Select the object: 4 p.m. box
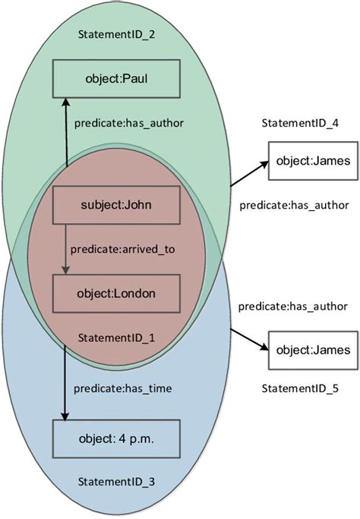(115, 438)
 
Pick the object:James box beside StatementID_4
(313, 162)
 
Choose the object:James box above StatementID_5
(313, 350)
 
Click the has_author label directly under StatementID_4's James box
(293, 205)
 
